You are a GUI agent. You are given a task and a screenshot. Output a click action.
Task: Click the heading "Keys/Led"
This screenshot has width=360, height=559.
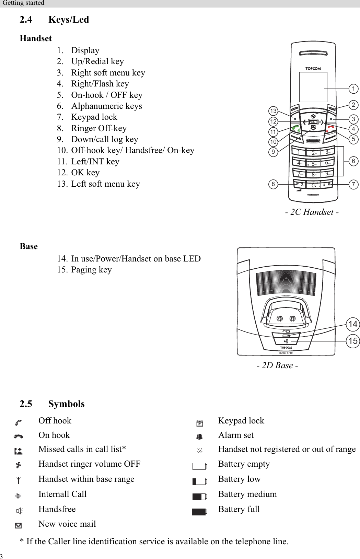(x=69, y=20)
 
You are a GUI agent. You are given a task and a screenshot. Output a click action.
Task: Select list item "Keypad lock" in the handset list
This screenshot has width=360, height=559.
(x=94, y=117)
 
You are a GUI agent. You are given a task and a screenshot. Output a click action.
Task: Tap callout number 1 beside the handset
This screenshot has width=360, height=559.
(x=353, y=89)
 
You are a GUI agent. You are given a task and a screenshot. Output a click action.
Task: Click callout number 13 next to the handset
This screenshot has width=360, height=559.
(x=273, y=111)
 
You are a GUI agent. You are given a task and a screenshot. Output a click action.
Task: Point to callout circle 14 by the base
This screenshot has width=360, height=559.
(x=353, y=324)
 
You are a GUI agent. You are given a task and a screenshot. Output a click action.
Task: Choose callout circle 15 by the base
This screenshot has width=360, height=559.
(x=353, y=341)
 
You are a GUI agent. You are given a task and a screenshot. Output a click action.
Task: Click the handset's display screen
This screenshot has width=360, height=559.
(x=313, y=87)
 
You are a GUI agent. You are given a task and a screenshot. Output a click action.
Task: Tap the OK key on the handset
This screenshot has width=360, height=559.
(x=313, y=122)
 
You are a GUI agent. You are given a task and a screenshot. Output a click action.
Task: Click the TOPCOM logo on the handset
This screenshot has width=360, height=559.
(x=313, y=69)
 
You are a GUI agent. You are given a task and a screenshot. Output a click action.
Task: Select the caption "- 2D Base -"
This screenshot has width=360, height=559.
(x=277, y=365)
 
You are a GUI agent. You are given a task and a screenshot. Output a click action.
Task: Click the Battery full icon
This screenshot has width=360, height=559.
(x=199, y=512)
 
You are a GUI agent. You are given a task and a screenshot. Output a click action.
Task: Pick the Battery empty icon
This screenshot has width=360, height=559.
(x=199, y=466)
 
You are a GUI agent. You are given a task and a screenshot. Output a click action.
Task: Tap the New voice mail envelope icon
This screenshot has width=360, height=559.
(x=19, y=525)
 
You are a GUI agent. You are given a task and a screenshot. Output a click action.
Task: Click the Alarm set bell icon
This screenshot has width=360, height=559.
(x=199, y=436)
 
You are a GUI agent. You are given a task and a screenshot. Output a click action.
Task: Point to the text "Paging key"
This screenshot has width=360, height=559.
(x=91, y=270)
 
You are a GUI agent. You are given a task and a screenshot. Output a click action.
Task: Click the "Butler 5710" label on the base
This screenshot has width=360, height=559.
(x=286, y=353)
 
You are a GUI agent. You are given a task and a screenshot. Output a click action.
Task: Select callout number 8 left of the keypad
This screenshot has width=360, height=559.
(x=273, y=184)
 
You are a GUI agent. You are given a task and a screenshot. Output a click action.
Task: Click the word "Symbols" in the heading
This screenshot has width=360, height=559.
(x=66, y=404)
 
